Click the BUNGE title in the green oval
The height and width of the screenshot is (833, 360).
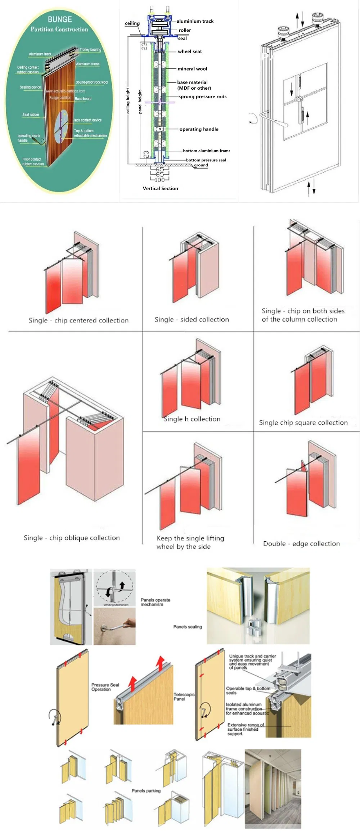coord(60,19)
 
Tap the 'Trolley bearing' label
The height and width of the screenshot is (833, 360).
coord(90,50)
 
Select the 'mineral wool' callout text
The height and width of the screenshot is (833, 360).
coord(192,69)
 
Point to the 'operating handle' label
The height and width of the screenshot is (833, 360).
coord(199,129)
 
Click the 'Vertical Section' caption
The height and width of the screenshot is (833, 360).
coord(160,188)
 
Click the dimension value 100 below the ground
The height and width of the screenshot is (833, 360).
coord(159,180)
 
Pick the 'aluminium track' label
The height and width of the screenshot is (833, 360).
coord(195,21)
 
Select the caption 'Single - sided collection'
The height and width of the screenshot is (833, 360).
coord(192,319)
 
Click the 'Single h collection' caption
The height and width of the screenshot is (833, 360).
coord(192,419)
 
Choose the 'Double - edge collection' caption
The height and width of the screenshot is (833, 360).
coord(301,543)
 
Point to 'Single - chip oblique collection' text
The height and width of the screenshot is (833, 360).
coord(72,538)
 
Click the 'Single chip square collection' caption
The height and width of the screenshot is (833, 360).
coord(303,422)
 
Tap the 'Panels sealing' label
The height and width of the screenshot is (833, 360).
coord(188,627)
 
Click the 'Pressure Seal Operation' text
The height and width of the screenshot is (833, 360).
coord(105,687)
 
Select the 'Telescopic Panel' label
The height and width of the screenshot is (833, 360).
coord(184,697)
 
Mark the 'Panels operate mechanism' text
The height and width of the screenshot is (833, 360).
coord(155,602)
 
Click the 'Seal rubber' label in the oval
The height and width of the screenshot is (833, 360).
coord(31,115)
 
